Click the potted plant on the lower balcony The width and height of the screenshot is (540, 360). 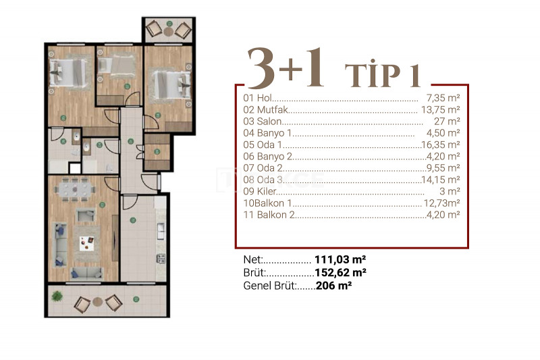click(57, 296)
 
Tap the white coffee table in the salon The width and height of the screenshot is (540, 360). click(86, 243)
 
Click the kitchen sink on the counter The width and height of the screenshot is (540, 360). click(161, 231)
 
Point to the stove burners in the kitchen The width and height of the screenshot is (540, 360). click(161, 259)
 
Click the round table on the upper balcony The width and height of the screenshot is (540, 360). click(168, 32)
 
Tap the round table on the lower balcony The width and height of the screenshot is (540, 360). click(97, 302)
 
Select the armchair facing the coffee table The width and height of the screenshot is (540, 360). click(86, 215)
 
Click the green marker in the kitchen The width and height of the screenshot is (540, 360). click(133, 220)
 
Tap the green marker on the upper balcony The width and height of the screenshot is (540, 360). click(169, 24)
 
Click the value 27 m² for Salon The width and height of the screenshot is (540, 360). click(447, 122)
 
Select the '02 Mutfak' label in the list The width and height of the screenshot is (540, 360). click(265, 109)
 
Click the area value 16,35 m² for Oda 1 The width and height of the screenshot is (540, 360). click(441, 145)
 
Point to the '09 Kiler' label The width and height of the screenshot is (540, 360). click(260, 191)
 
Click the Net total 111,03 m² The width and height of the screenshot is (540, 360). click(340, 259)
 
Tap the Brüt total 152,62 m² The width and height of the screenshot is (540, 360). click(340, 272)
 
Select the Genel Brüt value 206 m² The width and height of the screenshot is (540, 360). click(333, 285)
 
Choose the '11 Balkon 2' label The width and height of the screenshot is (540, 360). click(269, 215)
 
